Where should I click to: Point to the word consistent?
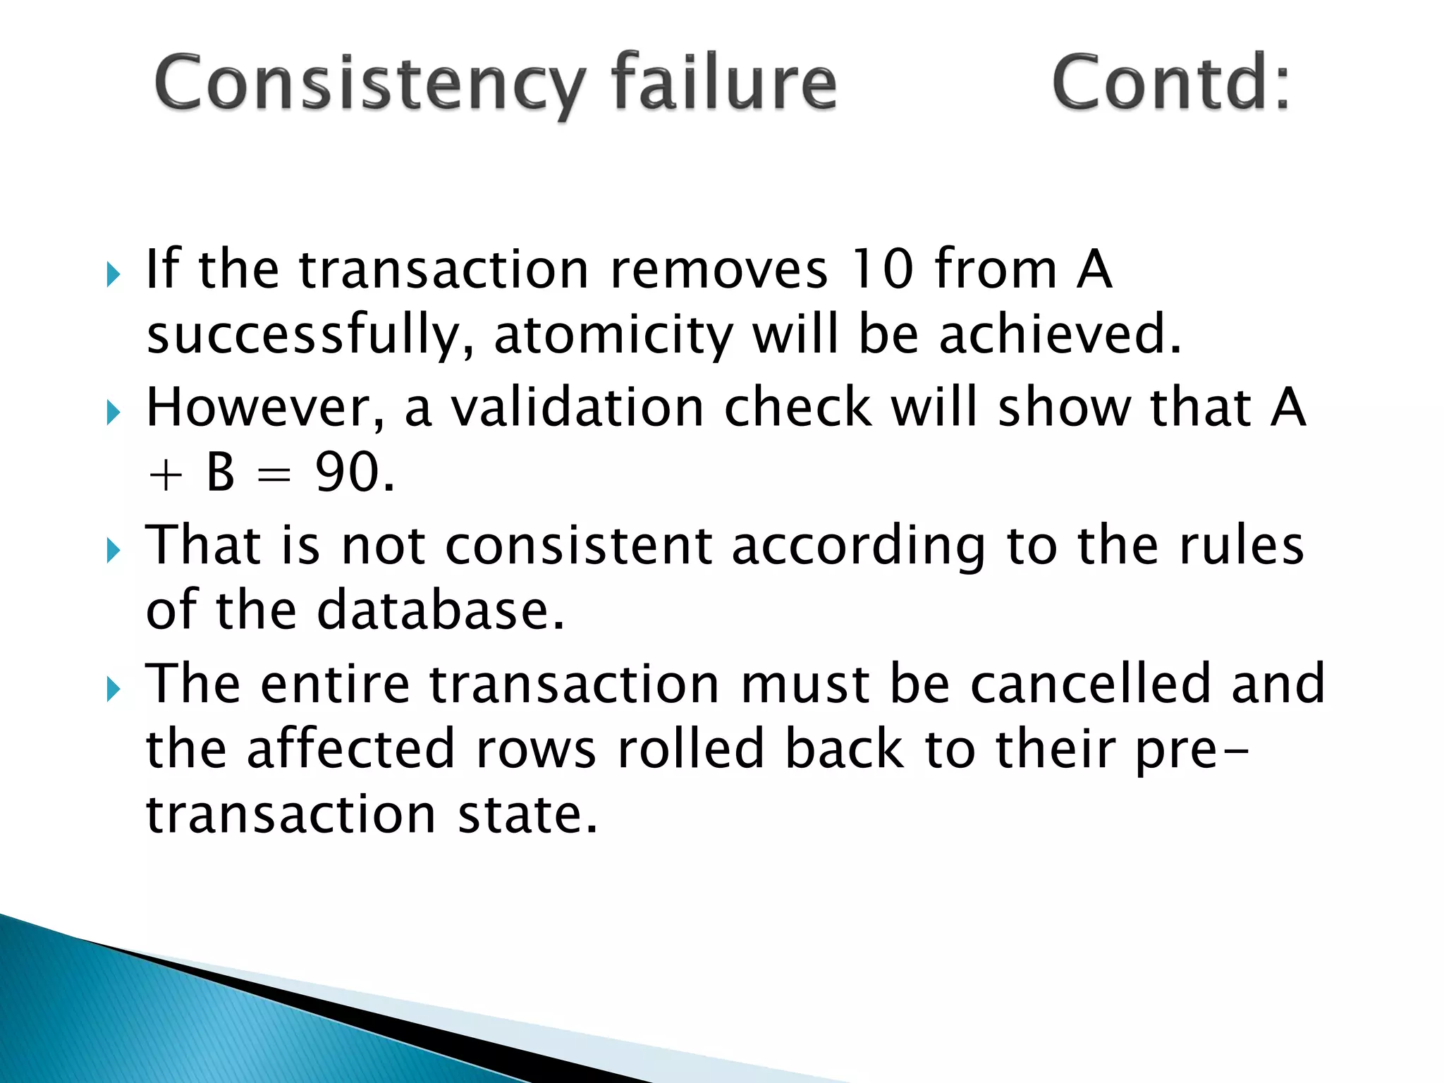(579, 546)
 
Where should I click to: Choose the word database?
(441, 611)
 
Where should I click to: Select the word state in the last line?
(527, 814)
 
